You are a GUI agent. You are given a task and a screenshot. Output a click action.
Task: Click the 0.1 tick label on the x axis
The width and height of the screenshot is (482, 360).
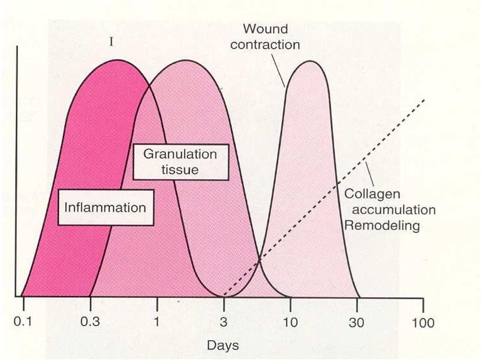pyautogui.click(x=23, y=322)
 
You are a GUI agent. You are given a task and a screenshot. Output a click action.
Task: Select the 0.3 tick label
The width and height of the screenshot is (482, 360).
pyautogui.click(x=90, y=322)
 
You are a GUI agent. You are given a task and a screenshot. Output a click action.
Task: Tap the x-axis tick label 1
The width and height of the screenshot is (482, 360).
pyautogui.click(x=157, y=322)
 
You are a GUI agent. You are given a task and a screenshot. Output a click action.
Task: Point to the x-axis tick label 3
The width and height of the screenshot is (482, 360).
pyautogui.click(x=224, y=322)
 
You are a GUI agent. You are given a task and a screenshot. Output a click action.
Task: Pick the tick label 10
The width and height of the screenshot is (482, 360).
pyautogui.click(x=291, y=322)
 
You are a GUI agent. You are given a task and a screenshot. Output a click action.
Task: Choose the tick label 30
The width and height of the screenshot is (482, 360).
pyautogui.click(x=356, y=322)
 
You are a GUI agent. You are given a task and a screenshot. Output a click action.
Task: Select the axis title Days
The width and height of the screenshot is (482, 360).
pyautogui.click(x=223, y=345)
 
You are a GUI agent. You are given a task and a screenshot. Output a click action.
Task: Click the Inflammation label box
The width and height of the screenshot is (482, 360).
pyautogui.click(x=105, y=207)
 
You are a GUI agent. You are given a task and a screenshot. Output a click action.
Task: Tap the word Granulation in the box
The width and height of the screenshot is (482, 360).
pyautogui.click(x=180, y=154)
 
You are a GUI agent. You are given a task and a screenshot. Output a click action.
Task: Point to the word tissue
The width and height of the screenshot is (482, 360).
pyautogui.click(x=180, y=169)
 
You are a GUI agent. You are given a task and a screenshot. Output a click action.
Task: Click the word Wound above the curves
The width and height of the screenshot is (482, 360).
pyautogui.click(x=266, y=29)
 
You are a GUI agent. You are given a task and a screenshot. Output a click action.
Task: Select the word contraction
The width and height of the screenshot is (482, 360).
pyautogui.click(x=265, y=45)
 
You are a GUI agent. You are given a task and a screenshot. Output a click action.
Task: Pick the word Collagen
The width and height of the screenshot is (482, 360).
pyautogui.click(x=372, y=194)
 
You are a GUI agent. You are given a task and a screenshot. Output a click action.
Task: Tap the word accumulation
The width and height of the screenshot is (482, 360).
pyautogui.click(x=394, y=210)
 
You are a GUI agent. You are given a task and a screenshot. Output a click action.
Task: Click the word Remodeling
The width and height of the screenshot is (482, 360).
pyautogui.click(x=382, y=225)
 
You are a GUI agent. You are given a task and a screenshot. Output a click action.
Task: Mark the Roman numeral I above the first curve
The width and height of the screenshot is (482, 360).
pyautogui.click(x=111, y=42)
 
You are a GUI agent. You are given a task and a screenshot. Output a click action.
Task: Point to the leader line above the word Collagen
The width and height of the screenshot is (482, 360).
pyautogui.click(x=370, y=173)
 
